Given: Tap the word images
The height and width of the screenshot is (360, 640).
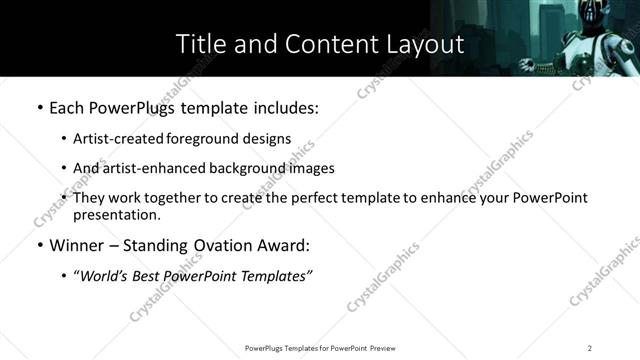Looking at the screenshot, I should point(311,169).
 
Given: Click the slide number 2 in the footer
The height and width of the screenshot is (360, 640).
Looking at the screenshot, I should point(590,347).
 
